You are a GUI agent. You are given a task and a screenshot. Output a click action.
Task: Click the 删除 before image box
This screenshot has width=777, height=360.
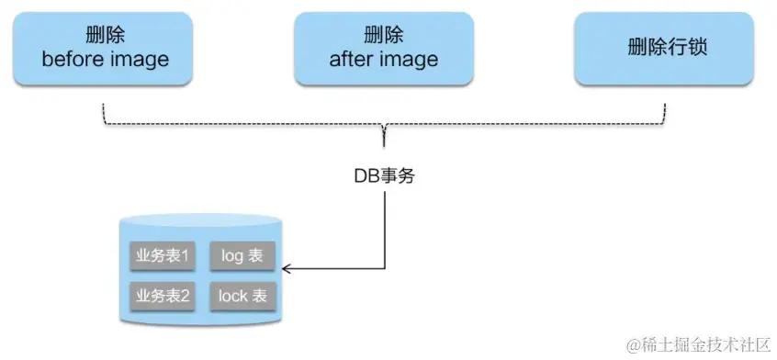(106, 48)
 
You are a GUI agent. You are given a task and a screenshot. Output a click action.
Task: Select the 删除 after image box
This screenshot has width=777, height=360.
(383, 48)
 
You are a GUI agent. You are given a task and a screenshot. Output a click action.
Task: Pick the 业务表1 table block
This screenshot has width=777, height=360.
(163, 255)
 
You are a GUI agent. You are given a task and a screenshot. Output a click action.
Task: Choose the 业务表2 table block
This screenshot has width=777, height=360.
(163, 296)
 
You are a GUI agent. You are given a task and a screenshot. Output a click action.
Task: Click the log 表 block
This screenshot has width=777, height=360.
(242, 255)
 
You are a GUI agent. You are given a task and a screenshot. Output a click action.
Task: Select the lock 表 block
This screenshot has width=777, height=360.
(242, 296)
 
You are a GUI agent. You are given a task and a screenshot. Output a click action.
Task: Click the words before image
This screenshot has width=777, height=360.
(106, 60)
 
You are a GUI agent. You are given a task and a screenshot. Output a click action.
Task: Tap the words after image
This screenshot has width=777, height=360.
(383, 60)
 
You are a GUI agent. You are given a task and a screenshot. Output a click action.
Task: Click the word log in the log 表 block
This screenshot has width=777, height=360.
(233, 255)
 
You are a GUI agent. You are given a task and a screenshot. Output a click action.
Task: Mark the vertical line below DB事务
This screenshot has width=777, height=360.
(384, 230)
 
